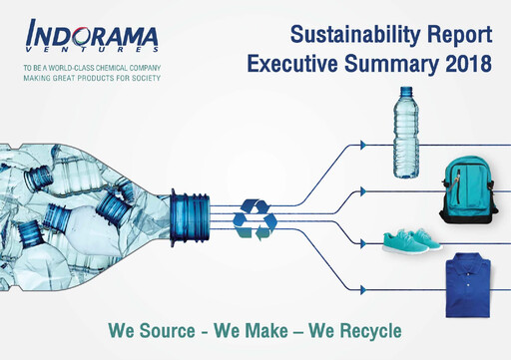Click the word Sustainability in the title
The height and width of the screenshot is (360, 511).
pyautogui.click(x=348, y=36)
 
